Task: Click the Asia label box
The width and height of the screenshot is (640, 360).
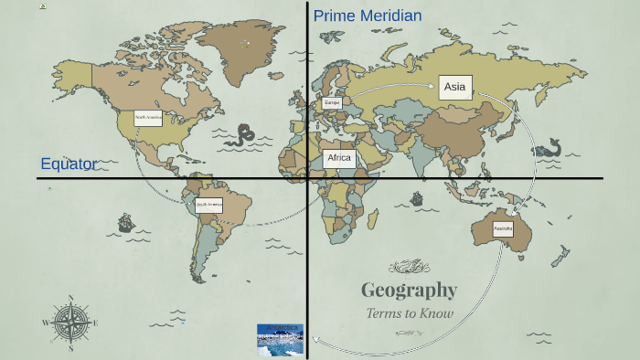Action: point(454,88)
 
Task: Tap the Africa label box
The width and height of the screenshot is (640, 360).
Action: point(339,158)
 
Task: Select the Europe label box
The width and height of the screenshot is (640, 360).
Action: point(332,103)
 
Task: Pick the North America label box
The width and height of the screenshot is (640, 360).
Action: point(148,118)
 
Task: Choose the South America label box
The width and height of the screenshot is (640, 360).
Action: point(208,206)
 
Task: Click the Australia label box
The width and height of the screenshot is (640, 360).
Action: point(503,228)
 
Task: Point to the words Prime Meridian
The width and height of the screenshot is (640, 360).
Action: point(368,16)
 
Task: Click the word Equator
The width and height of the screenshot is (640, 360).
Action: point(69,164)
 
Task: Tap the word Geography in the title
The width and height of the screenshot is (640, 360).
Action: point(409,291)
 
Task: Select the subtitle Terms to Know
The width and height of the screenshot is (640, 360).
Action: point(410,313)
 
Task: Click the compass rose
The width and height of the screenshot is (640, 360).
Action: point(69,323)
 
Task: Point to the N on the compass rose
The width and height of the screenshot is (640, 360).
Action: point(69,298)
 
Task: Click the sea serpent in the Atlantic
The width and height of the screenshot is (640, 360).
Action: point(243,136)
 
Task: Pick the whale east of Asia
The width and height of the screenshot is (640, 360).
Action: point(549,148)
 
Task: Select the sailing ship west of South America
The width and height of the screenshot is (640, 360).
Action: point(125,222)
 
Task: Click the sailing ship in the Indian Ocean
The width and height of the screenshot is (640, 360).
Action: point(417,197)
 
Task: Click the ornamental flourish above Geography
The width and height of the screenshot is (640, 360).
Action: point(409,267)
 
